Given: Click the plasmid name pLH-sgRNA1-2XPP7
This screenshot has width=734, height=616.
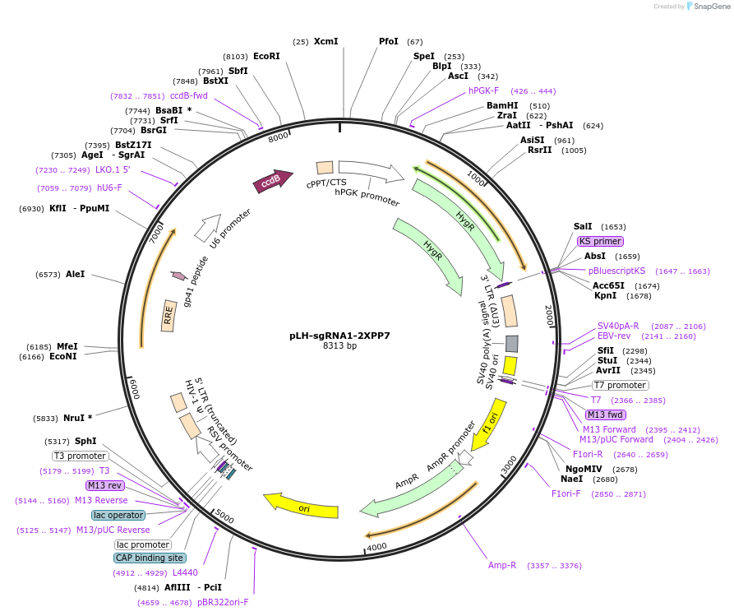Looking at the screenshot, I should [339, 336].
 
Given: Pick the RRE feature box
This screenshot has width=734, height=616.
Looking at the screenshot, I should [169, 316].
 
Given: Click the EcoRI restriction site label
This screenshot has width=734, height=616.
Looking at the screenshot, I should [266, 56].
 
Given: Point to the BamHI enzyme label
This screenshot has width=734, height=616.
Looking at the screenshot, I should [502, 106].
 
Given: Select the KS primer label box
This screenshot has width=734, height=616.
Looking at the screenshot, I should [600, 241].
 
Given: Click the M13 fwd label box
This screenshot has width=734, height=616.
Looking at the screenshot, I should [605, 415].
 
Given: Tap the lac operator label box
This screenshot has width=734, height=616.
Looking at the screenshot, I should [119, 515].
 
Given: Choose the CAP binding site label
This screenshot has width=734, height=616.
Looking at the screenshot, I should [149, 558].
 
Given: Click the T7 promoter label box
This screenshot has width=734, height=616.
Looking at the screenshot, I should [621, 385].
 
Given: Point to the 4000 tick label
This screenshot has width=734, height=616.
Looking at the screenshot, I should [376, 547].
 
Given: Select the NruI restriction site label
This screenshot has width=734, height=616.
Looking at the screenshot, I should [79, 418].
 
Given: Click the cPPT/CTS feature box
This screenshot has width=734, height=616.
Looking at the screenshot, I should [325, 168].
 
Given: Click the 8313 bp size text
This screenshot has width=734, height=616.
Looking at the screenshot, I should [339, 346].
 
